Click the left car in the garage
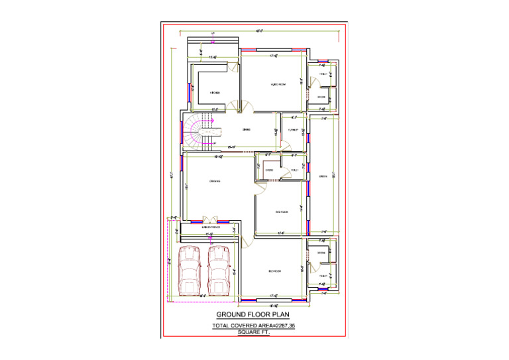click(190, 270)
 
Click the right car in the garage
click(219, 270)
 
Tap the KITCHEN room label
click(215, 93)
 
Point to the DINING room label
click(246, 130)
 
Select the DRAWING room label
click(214, 181)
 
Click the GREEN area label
click(323, 176)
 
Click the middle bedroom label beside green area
click(282, 212)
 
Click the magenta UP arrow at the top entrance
click(213, 42)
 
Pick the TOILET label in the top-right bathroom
click(323, 74)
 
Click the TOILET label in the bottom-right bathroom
click(322, 276)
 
